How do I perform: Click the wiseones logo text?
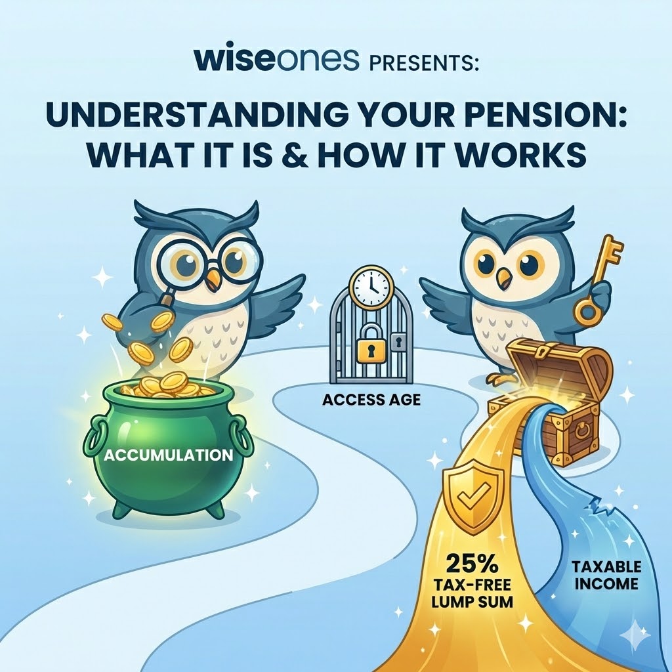pyautogui.click(x=277, y=58)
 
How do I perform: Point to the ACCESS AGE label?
pyautogui.click(x=372, y=399)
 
